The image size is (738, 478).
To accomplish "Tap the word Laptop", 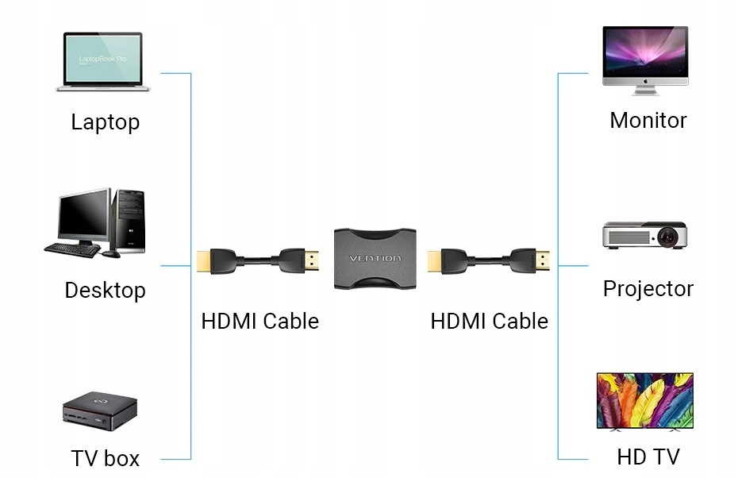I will [105, 122].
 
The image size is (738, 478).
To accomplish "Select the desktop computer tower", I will [131, 220].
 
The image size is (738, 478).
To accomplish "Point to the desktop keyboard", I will [73, 249].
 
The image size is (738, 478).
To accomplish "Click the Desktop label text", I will [105, 291].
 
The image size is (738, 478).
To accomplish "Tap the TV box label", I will [105, 458].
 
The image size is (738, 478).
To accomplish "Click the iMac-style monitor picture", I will [644, 56].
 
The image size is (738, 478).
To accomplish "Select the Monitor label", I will [648, 121].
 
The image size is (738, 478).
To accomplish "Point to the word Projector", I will [648, 289].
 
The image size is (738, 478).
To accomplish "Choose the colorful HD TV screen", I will [644, 400].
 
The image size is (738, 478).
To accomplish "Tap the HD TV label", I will [648, 457].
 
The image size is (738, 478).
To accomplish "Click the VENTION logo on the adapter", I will [376, 259].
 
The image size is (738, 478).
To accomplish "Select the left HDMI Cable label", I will [259, 322].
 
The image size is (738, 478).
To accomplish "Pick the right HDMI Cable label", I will [489, 322].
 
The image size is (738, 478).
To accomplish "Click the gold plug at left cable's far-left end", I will [203, 260].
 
